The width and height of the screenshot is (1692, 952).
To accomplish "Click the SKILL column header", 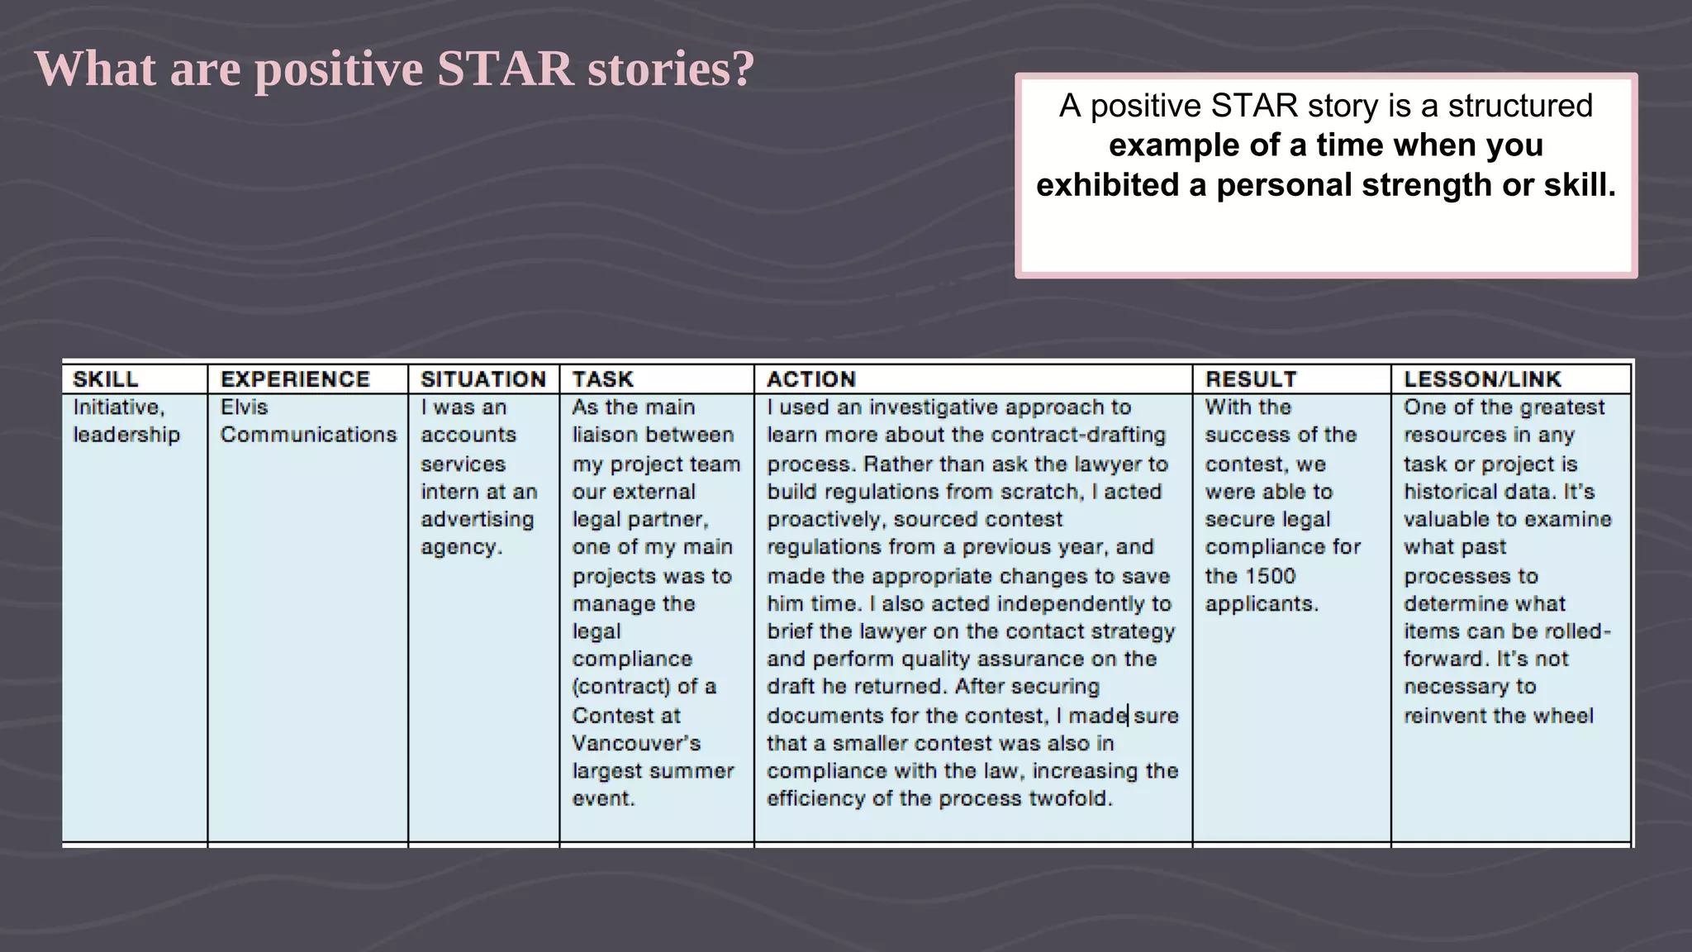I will point(105,379).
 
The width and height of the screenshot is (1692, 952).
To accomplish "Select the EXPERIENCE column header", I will point(295,379).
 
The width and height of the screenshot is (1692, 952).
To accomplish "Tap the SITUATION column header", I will point(483,379).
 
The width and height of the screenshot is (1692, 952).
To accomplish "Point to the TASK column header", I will point(602,379).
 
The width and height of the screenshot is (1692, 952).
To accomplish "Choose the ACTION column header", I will point(810,379).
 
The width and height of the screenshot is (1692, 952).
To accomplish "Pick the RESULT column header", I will point(1251,379).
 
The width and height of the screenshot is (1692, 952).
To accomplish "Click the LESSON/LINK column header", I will point(1482,379).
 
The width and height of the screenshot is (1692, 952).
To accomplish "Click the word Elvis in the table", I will point(244,407).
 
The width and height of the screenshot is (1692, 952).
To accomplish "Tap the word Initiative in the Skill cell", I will point(118,407).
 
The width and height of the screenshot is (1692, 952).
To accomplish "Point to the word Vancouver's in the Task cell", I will point(636,743).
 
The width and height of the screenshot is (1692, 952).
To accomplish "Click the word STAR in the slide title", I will point(505,69).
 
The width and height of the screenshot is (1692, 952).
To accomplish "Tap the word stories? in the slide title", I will point(671,69).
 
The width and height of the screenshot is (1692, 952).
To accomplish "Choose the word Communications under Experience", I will point(308,435).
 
